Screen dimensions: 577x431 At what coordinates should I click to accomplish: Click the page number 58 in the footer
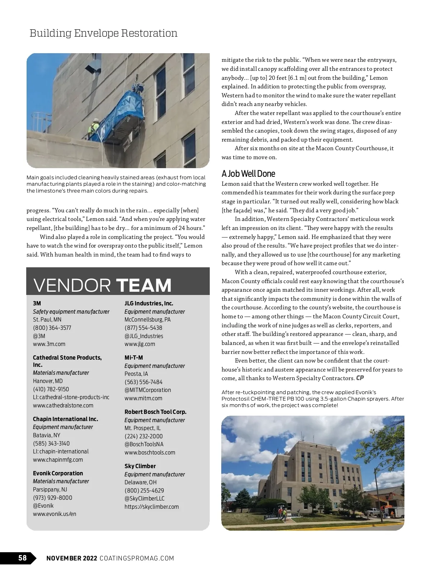pos(22,558)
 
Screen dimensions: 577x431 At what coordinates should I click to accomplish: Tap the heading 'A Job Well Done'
pos(248,174)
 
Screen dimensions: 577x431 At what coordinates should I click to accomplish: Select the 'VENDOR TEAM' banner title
pos(102,285)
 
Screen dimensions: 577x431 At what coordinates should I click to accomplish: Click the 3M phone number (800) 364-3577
pos(52,328)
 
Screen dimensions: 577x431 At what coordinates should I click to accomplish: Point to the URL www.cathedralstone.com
pos(63,405)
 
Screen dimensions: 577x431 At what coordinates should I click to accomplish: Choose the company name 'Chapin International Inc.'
pos(65,419)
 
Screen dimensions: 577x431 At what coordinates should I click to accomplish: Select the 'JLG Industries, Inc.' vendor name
pos(149,303)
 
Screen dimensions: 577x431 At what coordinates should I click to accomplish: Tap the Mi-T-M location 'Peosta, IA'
pos(136,374)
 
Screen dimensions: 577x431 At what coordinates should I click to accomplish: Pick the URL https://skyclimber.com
pos(152,507)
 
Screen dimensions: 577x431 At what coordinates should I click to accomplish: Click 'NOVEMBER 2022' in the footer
pos(72,558)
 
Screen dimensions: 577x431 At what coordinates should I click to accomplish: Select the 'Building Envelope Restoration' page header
pos(103,33)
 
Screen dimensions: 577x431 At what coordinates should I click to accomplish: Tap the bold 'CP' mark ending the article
pos(360,378)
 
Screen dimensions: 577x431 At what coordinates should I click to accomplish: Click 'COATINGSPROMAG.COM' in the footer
pos(137,558)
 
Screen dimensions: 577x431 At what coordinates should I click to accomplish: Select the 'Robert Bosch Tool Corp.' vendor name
pos(156,412)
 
